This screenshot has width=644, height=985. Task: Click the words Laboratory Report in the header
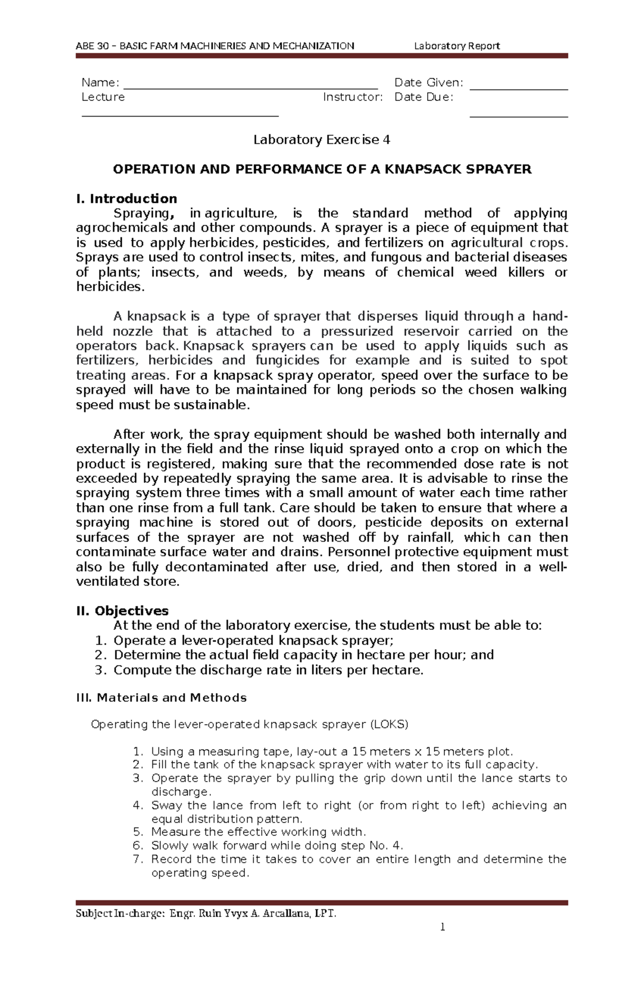(x=457, y=46)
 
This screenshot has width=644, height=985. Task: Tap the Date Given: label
(x=428, y=83)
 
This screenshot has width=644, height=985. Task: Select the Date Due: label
(x=423, y=97)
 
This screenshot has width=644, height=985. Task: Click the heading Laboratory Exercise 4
(x=321, y=140)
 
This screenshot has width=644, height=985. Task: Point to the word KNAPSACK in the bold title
(x=427, y=170)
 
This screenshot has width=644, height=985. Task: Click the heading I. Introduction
(x=127, y=199)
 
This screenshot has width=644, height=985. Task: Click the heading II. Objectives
(x=122, y=611)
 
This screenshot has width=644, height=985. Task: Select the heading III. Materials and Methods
(x=162, y=698)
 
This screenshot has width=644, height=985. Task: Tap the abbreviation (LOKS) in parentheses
(x=389, y=725)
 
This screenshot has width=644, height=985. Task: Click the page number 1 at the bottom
(x=443, y=927)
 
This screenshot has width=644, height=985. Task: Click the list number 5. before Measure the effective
(x=138, y=832)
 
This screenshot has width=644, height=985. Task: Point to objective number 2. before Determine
(x=101, y=655)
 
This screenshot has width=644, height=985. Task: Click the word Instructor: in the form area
(x=353, y=97)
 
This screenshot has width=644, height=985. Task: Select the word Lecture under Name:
(x=103, y=97)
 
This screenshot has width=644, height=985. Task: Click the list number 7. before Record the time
(x=138, y=859)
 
